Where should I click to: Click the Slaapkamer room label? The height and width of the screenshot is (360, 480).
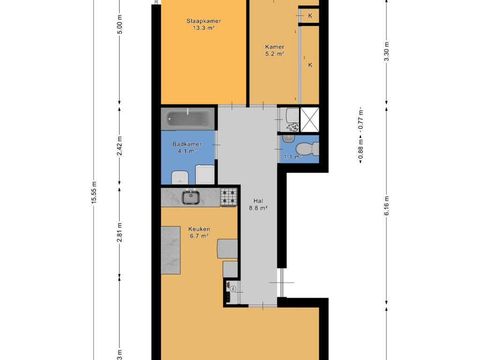[x=203, y=21]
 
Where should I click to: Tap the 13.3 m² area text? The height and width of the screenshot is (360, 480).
[x=203, y=28]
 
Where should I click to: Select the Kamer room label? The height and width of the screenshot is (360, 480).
[x=275, y=47]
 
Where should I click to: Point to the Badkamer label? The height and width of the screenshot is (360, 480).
[x=187, y=144]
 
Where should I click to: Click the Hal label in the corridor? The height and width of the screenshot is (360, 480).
[x=258, y=201]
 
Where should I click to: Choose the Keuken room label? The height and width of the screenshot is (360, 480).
[x=199, y=229]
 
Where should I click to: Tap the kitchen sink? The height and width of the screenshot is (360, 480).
[x=191, y=197]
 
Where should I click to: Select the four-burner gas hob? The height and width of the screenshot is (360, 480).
[x=229, y=197]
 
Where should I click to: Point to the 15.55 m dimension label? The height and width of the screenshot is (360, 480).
[x=94, y=192]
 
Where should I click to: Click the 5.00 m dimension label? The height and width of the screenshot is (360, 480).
[x=120, y=24]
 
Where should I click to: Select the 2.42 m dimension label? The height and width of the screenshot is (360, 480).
[x=120, y=146]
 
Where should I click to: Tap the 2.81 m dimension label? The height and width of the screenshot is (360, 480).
[x=120, y=232]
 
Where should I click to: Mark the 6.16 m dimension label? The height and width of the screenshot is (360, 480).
[x=387, y=206]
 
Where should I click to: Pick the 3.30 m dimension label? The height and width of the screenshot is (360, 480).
[x=387, y=52]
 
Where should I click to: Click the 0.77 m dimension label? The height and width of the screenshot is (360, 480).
[x=361, y=120]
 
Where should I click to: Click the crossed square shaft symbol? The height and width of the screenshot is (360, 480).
[x=309, y=120]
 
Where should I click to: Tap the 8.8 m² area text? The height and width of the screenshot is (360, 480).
[x=258, y=208]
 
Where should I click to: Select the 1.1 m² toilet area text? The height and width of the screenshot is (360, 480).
[x=293, y=157]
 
